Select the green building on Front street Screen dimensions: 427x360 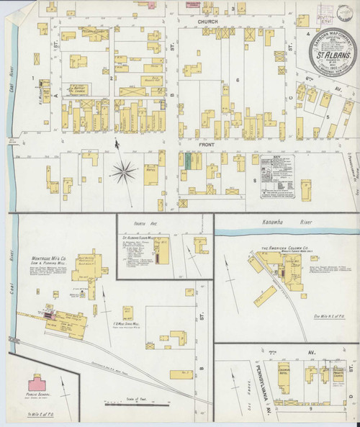coord(189,161)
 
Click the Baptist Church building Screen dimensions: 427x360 coord(78,91)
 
